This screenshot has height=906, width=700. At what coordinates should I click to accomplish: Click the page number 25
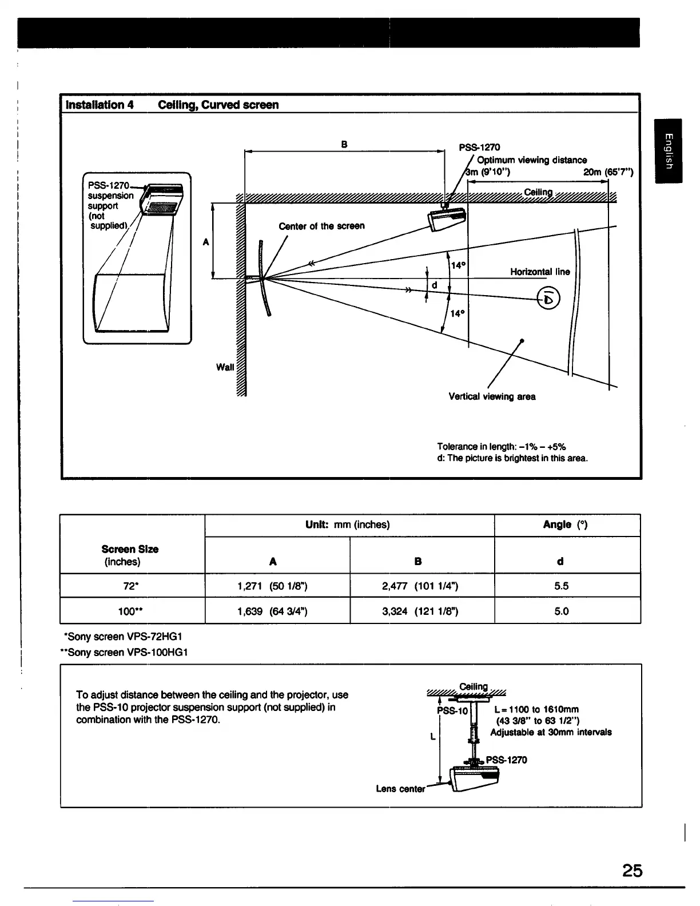pos(633,870)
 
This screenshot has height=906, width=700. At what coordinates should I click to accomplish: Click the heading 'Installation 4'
pos(100,105)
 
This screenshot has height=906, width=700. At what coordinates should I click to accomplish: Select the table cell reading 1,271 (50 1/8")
pos(273,586)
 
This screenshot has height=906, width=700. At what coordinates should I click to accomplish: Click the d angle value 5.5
pos(561,586)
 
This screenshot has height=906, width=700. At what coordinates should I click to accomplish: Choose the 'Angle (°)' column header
pos(565,524)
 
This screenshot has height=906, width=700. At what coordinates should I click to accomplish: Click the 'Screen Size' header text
pos(130,549)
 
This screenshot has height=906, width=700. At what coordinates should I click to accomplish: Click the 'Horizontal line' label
pos(539,272)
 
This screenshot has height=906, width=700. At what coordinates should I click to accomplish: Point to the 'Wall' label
pos(225,367)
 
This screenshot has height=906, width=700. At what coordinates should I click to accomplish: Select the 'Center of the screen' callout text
pos(321,226)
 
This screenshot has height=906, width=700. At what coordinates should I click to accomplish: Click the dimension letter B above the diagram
pos(344,144)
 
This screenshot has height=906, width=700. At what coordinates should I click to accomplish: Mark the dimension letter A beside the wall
pos(206,242)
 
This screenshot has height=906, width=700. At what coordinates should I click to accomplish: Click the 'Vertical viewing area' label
pos(492,396)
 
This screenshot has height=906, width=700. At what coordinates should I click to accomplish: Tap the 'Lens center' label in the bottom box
pos(400,789)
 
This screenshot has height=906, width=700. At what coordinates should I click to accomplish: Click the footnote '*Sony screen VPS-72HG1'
pos(123,637)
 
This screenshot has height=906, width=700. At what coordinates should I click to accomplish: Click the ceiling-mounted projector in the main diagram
pos(448,218)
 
